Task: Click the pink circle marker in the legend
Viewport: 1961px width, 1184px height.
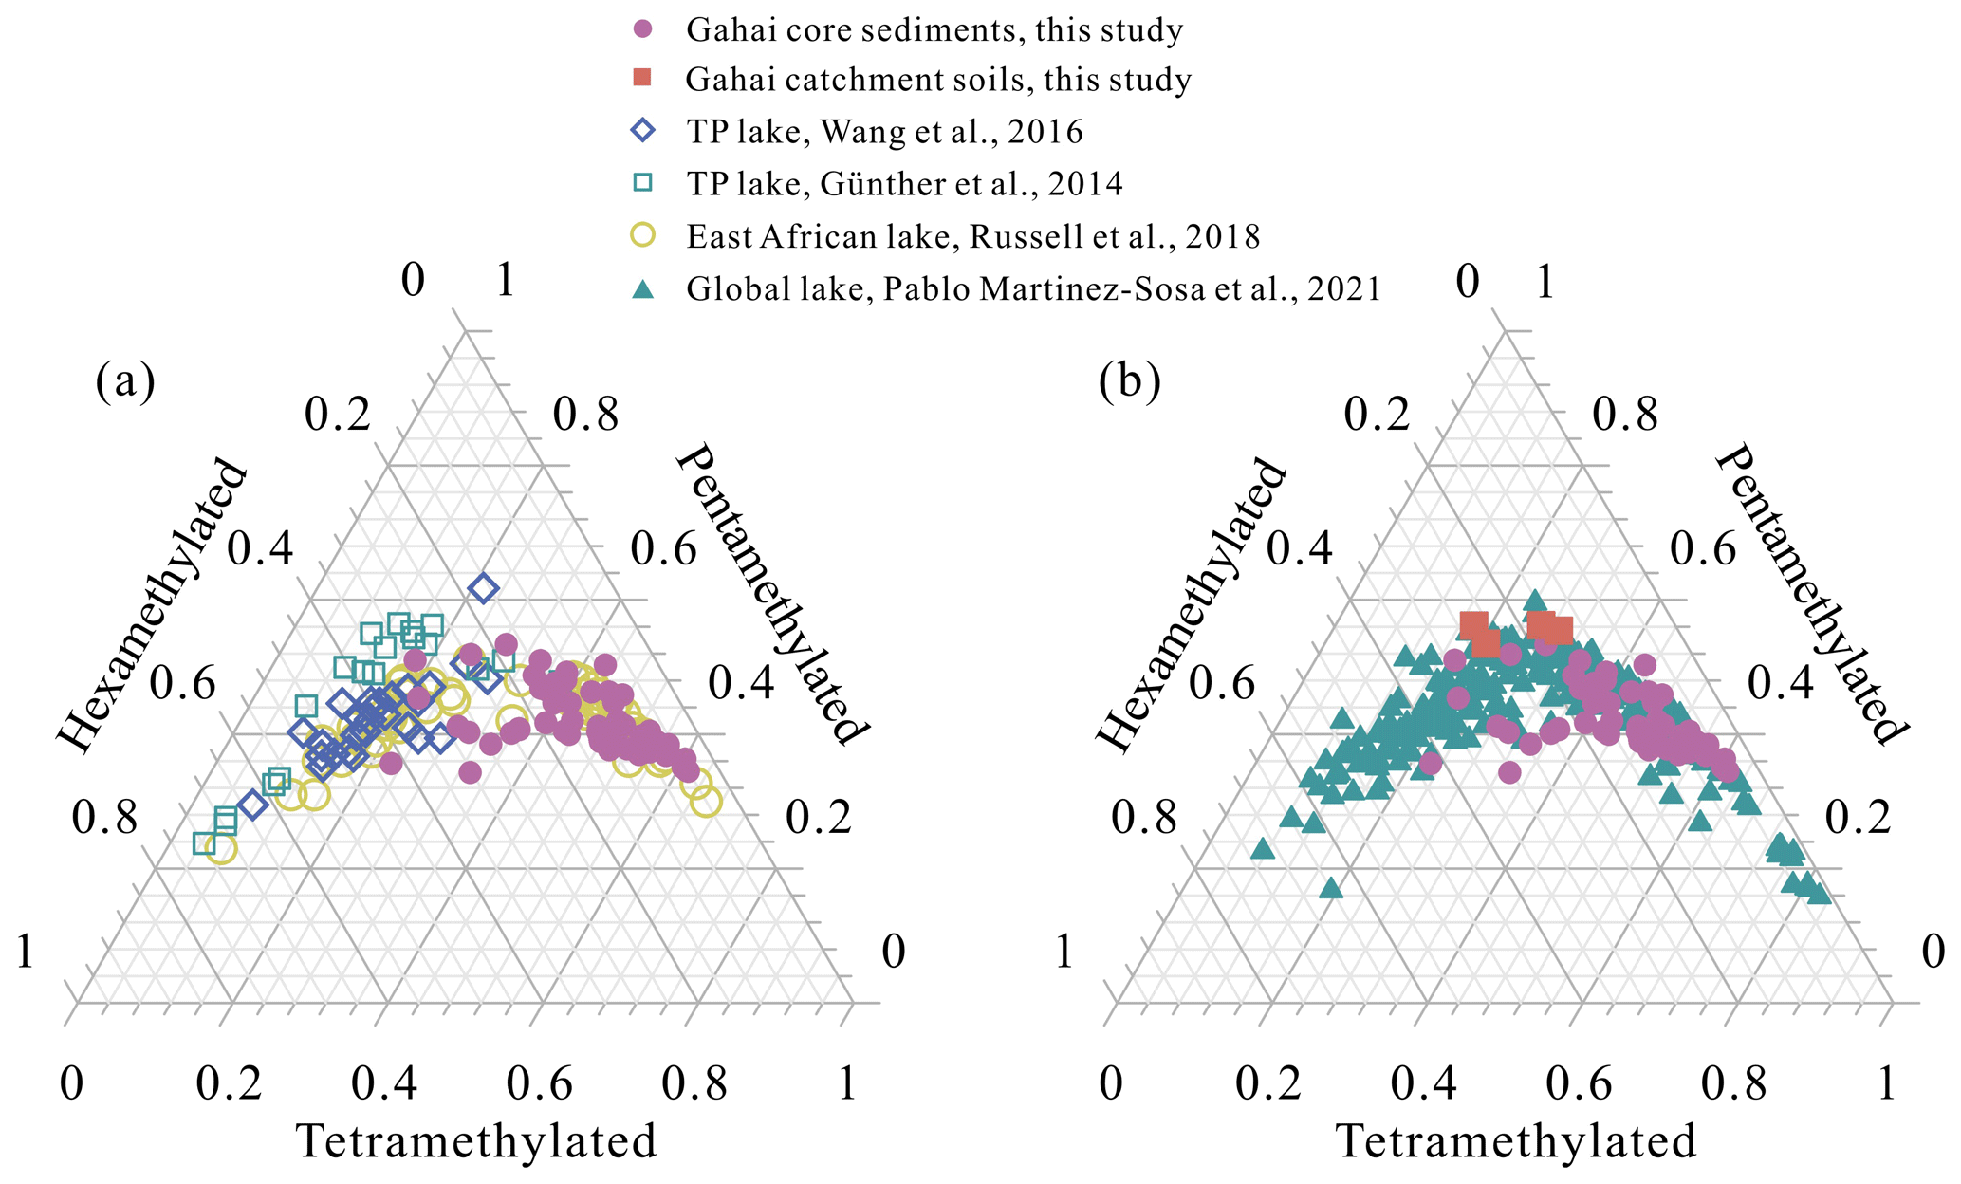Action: (643, 29)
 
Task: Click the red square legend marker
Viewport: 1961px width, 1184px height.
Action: (643, 78)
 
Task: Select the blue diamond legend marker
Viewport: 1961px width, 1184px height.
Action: (643, 130)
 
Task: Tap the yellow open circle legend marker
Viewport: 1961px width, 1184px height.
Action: (643, 234)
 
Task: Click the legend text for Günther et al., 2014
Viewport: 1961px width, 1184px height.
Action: (904, 183)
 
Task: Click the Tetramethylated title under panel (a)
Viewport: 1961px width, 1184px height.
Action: (477, 1141)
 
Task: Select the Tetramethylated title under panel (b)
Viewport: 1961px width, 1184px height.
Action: (1516, 1141)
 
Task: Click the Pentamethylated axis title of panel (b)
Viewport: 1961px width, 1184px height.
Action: (1809, 595)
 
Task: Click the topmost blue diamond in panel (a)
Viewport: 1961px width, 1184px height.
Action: (483, 589)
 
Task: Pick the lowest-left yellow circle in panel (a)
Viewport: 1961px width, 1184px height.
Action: (221, 849)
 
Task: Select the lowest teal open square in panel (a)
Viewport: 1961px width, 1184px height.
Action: (204, 842)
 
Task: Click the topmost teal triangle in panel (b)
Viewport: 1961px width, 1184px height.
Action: (1534, 600)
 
